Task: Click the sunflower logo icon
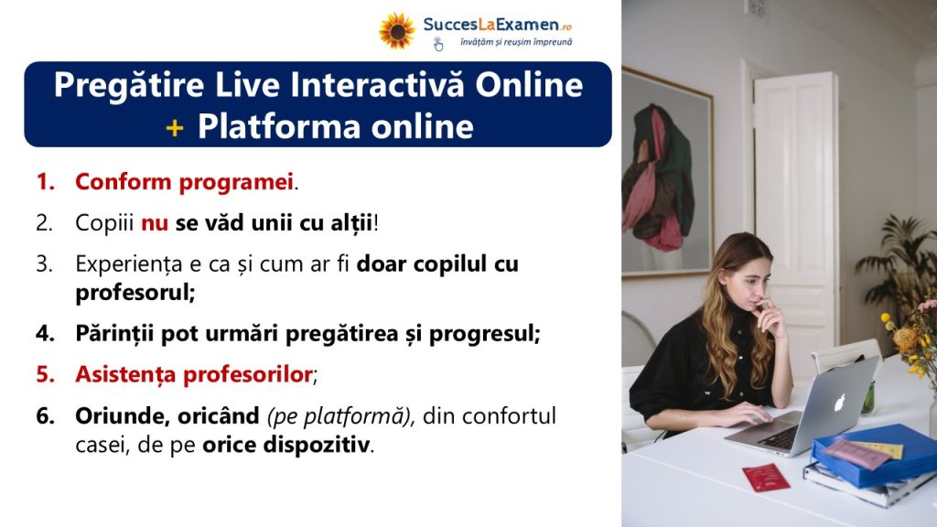click(x=397, y=30)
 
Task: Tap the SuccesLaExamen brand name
click(x=497, y=25)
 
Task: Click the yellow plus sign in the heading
click(x=175, y=127)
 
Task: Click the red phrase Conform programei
click(x=184, y=182)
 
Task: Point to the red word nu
click(x=155, y=223)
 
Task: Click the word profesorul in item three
click(x=135, y=293)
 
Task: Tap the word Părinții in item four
click(x=114, y=333)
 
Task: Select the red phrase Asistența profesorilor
click(x=194, y=374)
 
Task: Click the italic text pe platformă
click(x=339, y=416)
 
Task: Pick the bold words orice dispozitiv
click(x=285, y=446)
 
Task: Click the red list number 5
click(x=46, y=374)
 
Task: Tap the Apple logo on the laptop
click(x=840, y=403)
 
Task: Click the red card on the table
click(x=766, y=478)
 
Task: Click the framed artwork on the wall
click(x=667, y=173)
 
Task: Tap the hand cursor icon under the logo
click(x=438, y=44)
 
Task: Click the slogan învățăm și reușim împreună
click(x=516, y=42)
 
